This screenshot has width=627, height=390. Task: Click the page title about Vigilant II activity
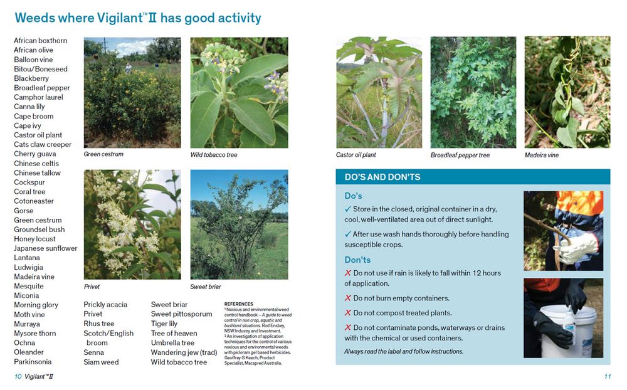click(138, 18)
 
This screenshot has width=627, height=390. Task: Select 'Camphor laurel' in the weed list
click(38, 97)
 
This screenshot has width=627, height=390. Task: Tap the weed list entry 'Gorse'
click(24, 211)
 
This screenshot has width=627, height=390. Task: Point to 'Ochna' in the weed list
click(24, 343)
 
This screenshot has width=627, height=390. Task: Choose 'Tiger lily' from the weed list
click(164, 324)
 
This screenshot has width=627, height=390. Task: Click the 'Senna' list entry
click(93, 352)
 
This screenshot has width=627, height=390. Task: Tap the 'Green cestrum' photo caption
click(103, 154)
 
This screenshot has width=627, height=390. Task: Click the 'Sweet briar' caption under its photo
click(206, 287)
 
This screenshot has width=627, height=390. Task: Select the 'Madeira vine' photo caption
click(542, 155)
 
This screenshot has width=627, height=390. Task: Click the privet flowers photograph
click(132, 224)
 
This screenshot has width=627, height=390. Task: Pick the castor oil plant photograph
click(379, 92)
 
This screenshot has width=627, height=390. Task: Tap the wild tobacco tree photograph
click(239, 92)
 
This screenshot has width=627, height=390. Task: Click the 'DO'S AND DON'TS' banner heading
click(382, 177)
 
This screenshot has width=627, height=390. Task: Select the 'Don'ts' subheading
click(357, 260)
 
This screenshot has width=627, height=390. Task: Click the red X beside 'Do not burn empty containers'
click(348, 298)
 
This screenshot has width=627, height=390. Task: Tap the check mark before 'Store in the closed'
click(348, 209)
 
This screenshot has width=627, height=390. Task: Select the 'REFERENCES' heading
click(239, 304)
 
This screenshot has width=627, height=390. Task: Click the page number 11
click(608, 376)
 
